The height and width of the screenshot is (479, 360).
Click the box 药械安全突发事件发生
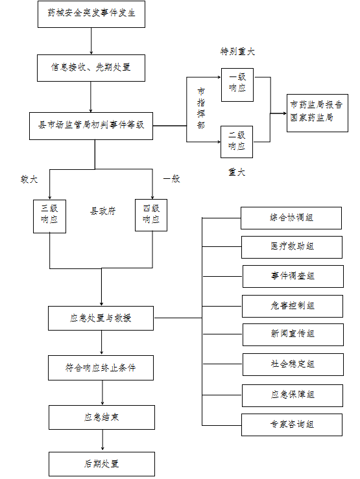pyautogui.click(x=91, y=14)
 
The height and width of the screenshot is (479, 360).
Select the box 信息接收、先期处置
pyautogui.click(x=91, y=68)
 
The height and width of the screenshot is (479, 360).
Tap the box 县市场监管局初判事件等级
pyautogui.click(x=91, y=126)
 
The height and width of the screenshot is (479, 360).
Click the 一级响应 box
pyautogui.click(x=237, y=85)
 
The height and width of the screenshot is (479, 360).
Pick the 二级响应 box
pyautogui.click(x=237, y=142)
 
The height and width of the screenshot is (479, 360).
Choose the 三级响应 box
pyautogui.click(x=49, y=216)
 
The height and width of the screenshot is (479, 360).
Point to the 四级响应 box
pyautogui.click(x=151, y=215)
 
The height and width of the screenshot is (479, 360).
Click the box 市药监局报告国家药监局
pyautogui.click(x=317, y=113)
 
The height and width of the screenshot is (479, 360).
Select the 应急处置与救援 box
pyautogui.click(x=101, y=318)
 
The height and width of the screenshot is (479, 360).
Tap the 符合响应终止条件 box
pyautogui.click(x=101, y=368)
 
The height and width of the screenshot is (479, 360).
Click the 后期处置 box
pyautogui.click(x=102, y=464)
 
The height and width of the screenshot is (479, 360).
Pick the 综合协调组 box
pyautogui.click(x=291, y=218)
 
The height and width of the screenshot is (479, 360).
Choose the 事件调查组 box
pyautogui.click(x=293, y=276)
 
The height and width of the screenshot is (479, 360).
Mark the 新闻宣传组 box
pyautogui.click(x=293, y=334)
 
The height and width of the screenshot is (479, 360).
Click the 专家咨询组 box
pyautogui.click(x=292, y=425)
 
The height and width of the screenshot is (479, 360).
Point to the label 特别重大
pyautogui.click(x=237, y=51)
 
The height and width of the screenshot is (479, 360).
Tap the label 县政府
pyautogui.click(x=102, y=211)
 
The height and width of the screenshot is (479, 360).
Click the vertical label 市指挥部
pyautogui.click(x=201, y=108)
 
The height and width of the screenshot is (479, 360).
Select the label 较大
pyautogui.click(x=29, y=179)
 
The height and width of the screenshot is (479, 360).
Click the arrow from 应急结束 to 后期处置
pyautogui.click(x=102, y=439)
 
